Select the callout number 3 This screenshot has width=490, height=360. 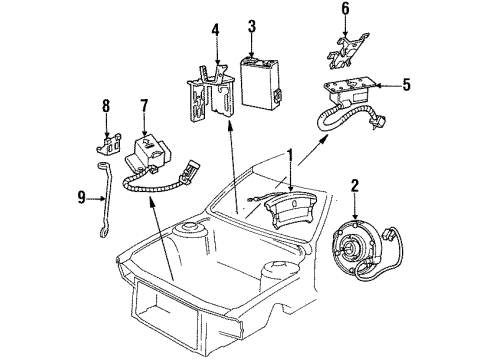click(252, 26)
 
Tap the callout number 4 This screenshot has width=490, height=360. click(213, 43)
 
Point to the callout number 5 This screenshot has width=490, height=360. click(406, 85)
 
